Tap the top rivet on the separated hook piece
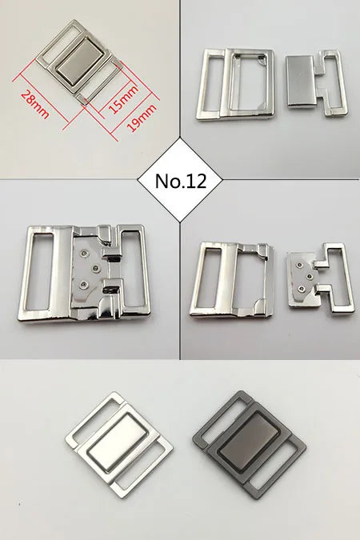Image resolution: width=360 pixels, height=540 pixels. (x=298, y=262)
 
